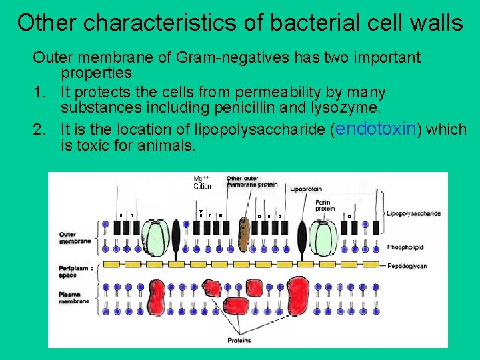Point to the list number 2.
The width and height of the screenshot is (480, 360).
(39, 129)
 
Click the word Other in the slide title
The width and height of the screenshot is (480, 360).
(49, 23)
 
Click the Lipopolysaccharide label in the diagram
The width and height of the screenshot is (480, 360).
(413, 213)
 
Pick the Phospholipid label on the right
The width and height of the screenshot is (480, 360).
(405, 247)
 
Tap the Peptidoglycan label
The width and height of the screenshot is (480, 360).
(407, 265)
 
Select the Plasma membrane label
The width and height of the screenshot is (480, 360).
(73, 297)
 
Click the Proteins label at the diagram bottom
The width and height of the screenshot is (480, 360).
(239, 341)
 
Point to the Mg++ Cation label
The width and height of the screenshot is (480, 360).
(202, 182)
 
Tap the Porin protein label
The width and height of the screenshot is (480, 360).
(325, 204)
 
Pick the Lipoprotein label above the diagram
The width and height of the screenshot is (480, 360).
(305, 189)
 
